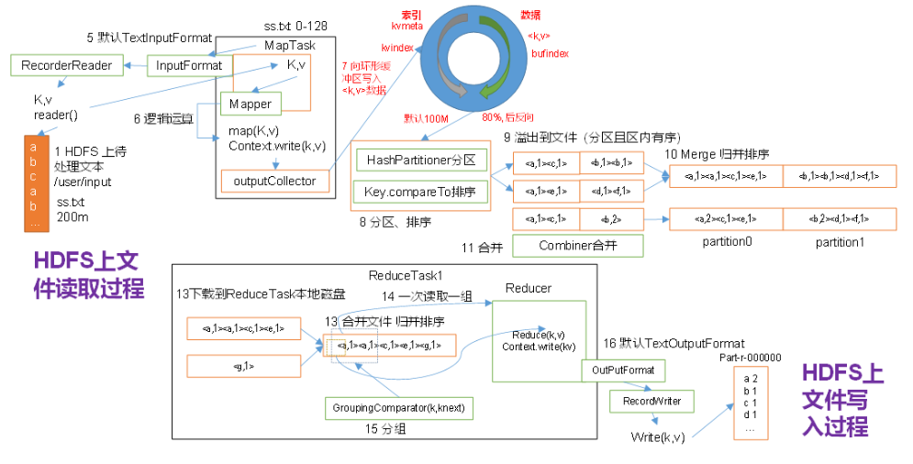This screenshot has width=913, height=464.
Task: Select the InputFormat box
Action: coord(189,65)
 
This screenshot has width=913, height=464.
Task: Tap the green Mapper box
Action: coord(250,104)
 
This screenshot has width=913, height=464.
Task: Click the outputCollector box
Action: coord(274,181)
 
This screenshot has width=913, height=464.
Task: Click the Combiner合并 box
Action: coord(577,245)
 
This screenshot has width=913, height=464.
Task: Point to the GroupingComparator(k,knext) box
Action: coord(398,407)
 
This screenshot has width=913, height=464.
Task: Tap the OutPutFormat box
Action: coord(623,370)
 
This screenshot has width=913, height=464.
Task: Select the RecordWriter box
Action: coord(651,401)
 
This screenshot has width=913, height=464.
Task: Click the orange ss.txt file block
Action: coord(34,183)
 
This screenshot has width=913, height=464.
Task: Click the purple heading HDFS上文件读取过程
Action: coord(88,274)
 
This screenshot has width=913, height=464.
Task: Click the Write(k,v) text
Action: coord(657,436)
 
